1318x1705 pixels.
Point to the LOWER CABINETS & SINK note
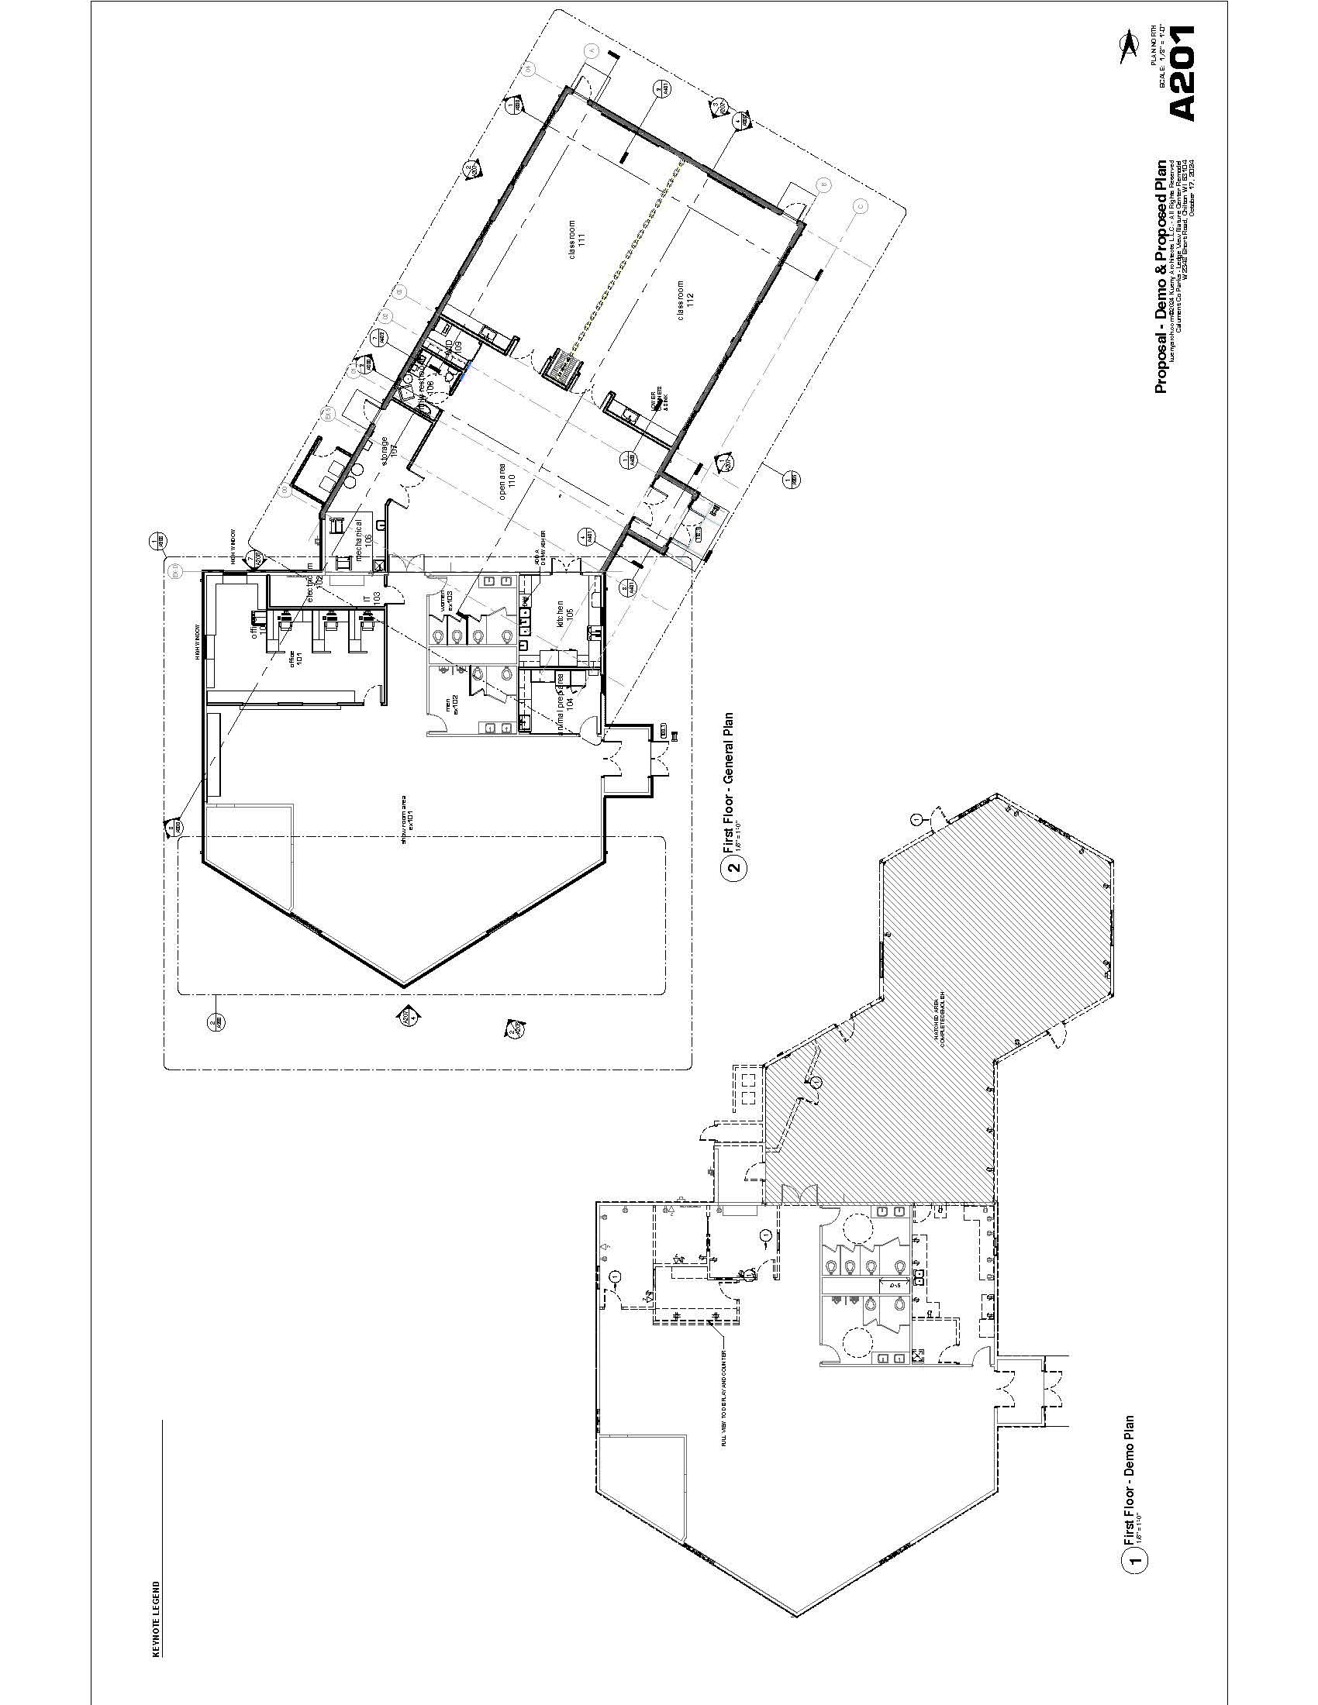[x=657, y=401]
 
